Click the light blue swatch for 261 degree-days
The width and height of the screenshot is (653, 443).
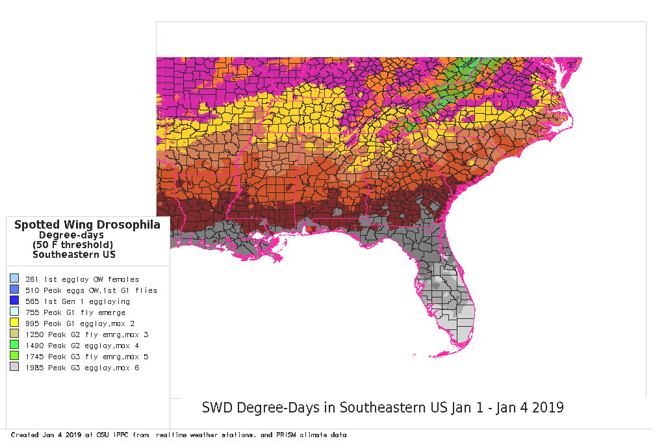coord(14,279)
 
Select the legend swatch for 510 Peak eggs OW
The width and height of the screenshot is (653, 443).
coord(14,290)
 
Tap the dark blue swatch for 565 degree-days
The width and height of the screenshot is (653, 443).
coord(14,301)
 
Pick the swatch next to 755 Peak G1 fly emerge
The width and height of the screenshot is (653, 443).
coord(14,312)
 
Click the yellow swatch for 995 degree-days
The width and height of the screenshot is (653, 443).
coord(14,323)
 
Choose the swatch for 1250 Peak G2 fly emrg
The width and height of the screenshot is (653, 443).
coord(14,334)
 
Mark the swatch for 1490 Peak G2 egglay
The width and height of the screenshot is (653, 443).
coord(14,345)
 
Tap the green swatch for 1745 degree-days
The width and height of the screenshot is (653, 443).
coord(14,356)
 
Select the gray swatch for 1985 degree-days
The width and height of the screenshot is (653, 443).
coord(14,367)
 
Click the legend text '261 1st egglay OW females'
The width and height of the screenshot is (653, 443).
coord(82,279)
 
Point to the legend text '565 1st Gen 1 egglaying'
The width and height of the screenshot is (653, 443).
coord(77,301)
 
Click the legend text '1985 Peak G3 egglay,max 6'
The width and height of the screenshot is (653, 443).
coord(82,368)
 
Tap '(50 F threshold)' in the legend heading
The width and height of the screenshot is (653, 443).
coord(73,244)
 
